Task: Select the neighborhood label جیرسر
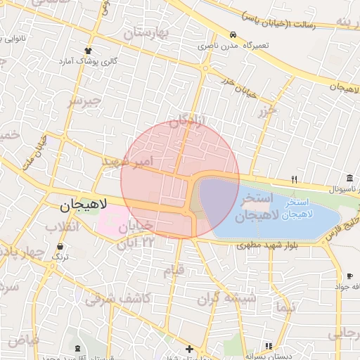tap(84, 101)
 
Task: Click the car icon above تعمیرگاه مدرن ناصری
tap(232, 34)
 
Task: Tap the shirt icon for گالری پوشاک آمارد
tap(88, 51)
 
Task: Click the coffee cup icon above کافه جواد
tap(350, 276)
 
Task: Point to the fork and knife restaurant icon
tap(295, 179)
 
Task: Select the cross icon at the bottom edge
tap(188, 349)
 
